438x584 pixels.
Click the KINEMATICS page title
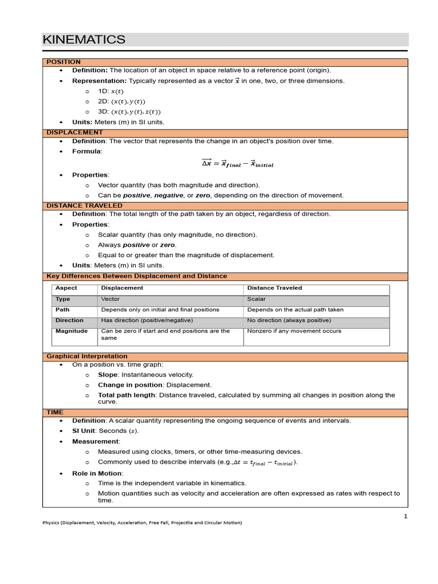[x=84, y=39]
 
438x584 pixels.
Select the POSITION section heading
[x=63, y=62]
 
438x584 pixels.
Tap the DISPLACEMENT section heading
[x=75, y=132]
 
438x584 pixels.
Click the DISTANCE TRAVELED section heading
[x=84, y=205]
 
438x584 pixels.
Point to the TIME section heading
[x=55, y=412]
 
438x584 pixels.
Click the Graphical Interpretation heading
[x=87, y=356]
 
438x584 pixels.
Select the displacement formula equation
[x=237, y=164]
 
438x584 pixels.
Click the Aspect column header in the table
[x=66, y=288]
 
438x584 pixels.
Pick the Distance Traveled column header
[x=274, y=288]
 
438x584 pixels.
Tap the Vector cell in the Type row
[x=111, y=299]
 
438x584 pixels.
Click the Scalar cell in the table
[x=256, y=299]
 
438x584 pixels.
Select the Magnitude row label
[x=71, y=331]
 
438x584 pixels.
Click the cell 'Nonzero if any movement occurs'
[x=294, y=331]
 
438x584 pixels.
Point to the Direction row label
[x=69, y=321]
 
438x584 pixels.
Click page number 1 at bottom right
[x=405, y=516]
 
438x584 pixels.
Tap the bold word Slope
[x=107, y=375]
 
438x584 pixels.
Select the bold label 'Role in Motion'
[x=96, y=473]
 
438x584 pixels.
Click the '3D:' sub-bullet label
[x=103, y=112]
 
